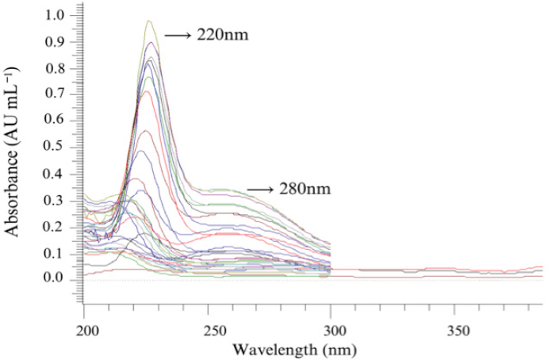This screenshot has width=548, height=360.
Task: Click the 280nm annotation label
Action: (305, 190)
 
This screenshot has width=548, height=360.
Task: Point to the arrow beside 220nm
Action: (178, 36)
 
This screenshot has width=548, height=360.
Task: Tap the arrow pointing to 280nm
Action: (260, 190)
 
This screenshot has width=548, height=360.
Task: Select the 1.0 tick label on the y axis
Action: (56, 15)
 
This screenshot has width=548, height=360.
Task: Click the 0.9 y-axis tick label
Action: (56, 42)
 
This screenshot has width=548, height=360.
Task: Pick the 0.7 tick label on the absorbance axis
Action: (56, 94)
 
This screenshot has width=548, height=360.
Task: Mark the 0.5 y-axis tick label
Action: (56, 147)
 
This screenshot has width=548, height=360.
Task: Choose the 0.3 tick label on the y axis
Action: (56, 200)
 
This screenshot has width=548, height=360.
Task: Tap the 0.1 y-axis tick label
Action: (56, 253)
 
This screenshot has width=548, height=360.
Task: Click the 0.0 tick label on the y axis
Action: (56, 279)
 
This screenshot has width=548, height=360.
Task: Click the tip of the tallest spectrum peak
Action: (148, 21)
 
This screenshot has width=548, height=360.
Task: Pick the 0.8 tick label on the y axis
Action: (56, 68)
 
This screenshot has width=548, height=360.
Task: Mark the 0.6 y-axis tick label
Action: (56, 121)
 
